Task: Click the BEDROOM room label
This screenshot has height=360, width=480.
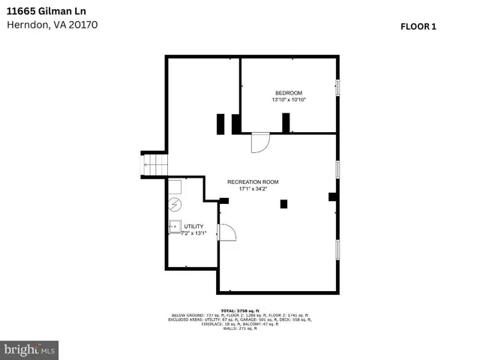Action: (x=289, y=92)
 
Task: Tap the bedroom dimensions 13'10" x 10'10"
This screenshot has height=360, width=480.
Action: (x=289, y=100)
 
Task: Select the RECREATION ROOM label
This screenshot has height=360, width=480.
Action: (x=253, y=182)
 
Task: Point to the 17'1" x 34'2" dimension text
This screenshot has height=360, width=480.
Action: (x=253, y=190)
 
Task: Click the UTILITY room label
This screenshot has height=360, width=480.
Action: (x=193, y=226)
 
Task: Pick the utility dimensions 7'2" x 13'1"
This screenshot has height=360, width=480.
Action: (x=193, y=233)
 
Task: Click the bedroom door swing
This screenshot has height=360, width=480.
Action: (x=259, y=142)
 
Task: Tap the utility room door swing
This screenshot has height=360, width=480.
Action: (x=226, y=233)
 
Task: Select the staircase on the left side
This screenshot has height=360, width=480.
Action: (x=153, y=164)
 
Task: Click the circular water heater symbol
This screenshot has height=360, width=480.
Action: (x=175, y=203)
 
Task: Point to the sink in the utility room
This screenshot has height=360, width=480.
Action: (x=174, y=225)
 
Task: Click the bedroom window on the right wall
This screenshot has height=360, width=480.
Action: (x=337, y=87)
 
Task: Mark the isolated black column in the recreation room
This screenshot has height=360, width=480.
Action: (x=283, y=203)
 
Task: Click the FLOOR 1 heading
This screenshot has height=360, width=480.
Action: (x=418, y=26)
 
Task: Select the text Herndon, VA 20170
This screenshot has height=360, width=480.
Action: (x=52, y=25)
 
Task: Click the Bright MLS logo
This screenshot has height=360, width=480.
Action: (x=30, y=349)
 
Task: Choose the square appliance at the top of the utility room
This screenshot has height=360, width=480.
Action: (x=174, y=187)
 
